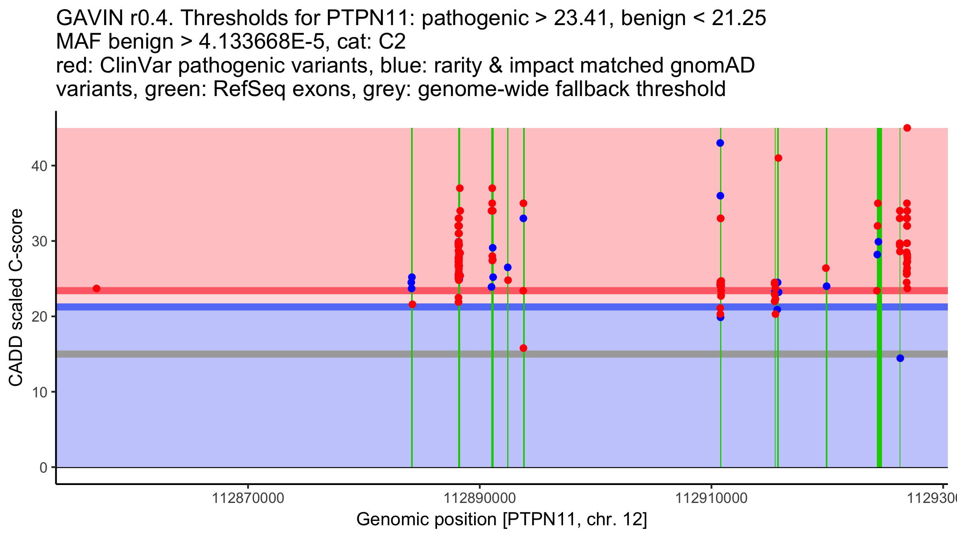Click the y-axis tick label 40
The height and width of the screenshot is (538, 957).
point(39,166)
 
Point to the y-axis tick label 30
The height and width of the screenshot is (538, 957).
point(39,241)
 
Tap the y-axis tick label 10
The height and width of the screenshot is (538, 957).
point(39,392)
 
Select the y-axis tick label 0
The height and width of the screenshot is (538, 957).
point(43,467)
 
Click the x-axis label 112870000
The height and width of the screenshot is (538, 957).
point(248,498)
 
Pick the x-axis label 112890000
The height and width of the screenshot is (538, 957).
point(480,498)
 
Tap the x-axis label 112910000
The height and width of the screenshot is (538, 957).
point(711,498)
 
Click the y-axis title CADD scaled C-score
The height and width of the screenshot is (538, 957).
point(16,297)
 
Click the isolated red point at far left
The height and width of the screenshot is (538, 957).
point(96,289)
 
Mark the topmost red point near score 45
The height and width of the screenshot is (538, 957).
point(907,128)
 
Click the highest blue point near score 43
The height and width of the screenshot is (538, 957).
point(720,143)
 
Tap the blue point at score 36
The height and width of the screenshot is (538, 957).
point(720,196)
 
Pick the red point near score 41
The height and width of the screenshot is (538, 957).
point(778,158)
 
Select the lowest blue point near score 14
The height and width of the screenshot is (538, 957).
point(900,358)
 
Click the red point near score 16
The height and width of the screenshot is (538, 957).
point(524,348)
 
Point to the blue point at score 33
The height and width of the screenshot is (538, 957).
point(524,218)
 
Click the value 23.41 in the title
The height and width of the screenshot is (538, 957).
point(583,18)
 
